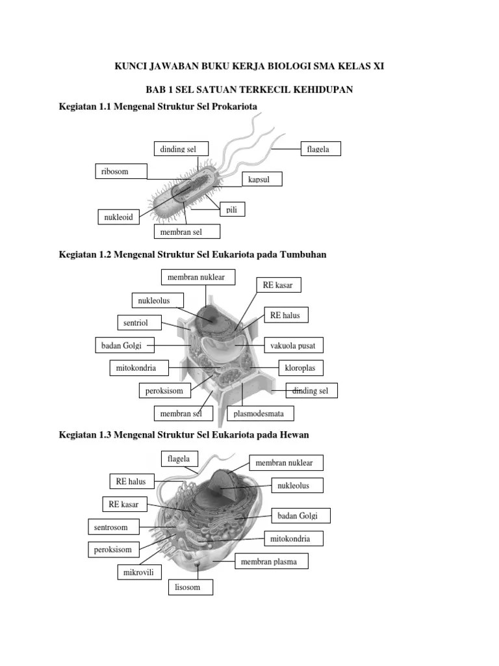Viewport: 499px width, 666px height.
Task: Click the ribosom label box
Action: pyautogui.click(x=121, y=172)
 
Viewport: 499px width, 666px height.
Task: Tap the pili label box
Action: pyautogui.click(x=231, y=209)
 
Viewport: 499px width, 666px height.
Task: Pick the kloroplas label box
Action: pyautogui.click(x=300, y=368)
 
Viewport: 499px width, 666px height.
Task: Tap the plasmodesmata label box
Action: pyautogui.click(x=259, y=413)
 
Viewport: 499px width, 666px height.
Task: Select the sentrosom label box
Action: pyautogui.click(x=111, y=527)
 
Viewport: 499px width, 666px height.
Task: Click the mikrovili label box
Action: pyautogui.click(x=139, y=573)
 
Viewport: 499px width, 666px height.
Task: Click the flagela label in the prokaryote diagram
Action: pyautogui.click(x=320, y=149)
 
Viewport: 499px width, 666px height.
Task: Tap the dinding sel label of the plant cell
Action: pyautogui.click(x=312, y=391)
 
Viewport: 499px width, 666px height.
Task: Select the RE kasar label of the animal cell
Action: pyautogui.click(x=124, y=504)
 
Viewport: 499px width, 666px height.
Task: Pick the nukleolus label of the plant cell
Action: pyautogui.click(x=157, y=300)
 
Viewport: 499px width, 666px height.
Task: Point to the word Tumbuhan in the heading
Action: pyautogui.click(x=299, y=254)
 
